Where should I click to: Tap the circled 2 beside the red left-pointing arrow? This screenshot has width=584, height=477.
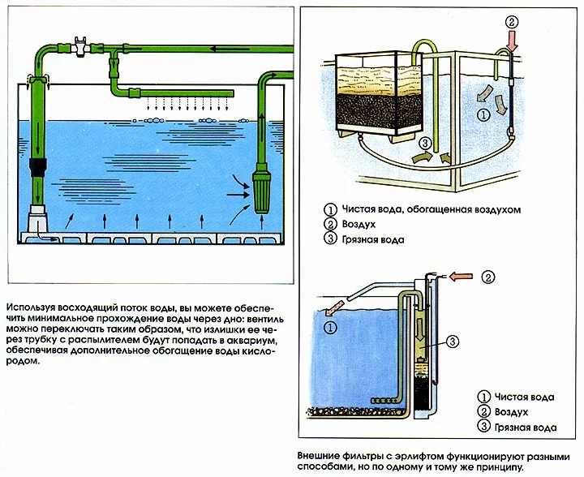(x=487, y=277)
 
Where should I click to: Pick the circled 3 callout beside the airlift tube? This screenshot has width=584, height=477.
(x=453, y=341)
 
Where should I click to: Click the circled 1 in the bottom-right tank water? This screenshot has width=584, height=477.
(x=330, y=328)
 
